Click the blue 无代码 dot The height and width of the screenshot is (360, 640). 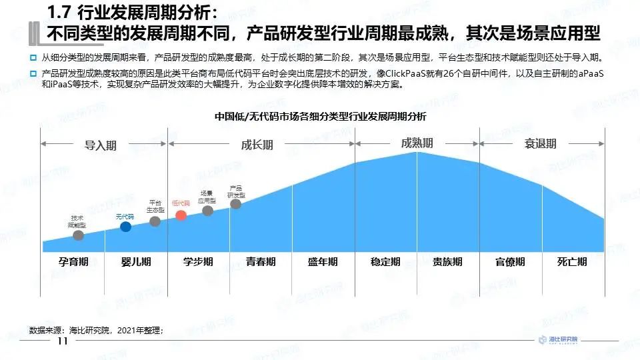click(x=125, y=227)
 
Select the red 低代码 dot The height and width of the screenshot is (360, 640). click(x=181, y=215)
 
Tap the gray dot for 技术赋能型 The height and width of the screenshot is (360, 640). click(x=79, y=235)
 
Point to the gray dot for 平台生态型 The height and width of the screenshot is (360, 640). click(x=155, y=221)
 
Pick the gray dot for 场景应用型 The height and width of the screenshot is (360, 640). click(x=207, y=211)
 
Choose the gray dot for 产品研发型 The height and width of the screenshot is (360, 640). click(x=235, y=204)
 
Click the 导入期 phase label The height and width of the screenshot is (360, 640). click(x=100, y=145)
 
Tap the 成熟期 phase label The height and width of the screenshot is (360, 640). click(x=417, y=143)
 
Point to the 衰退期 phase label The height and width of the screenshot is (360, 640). click(x=540, y=144)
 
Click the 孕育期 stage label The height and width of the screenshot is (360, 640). click(x=73, y=262)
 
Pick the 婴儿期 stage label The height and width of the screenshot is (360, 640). click(x=137, y=262)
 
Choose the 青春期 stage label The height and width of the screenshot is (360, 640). click(x=261, y=262)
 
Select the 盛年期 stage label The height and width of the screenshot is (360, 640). click(x=323, y=262)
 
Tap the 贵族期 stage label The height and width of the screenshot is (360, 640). click(x=447, y=262)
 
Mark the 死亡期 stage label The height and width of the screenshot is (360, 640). click(x=572, y=262)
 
